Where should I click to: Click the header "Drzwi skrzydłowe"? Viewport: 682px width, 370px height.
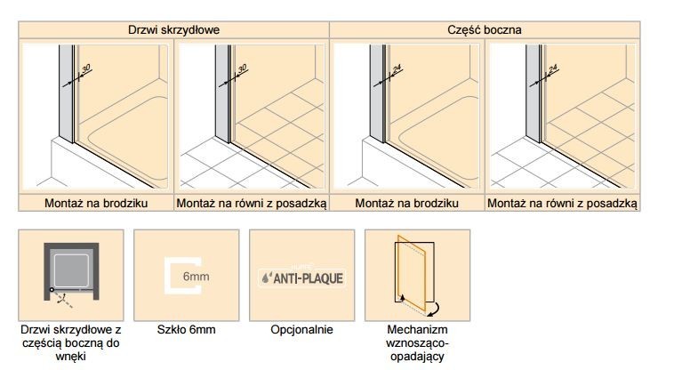click(173, 29)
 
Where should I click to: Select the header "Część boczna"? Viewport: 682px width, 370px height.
click(484, 29)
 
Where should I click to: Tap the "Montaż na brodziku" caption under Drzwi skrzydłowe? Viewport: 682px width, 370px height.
click(96, 203)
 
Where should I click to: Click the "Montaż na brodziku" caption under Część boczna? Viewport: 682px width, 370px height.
click(406, 203)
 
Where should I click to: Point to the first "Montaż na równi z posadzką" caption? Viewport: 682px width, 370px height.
click(252, 204)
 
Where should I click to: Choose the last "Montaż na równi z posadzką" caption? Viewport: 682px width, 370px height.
click(562, 204)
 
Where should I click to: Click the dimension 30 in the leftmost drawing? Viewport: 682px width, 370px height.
click(85, 68)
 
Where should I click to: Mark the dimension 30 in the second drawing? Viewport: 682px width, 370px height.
click(242, 68)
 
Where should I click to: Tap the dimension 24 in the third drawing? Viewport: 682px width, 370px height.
click(397, 68)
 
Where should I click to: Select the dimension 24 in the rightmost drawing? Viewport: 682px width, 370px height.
click(553, 68)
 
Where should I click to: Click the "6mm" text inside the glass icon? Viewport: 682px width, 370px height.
click(196, 277)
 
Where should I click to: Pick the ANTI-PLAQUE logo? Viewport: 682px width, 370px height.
click(302, 277)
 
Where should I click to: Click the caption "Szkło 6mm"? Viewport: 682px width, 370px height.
click(186, 329)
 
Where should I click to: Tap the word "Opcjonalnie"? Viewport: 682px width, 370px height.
click(301, 329)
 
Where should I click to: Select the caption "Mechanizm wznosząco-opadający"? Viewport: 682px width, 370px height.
click(417, 342)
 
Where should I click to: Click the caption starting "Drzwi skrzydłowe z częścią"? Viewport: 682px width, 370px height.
click(71, 342)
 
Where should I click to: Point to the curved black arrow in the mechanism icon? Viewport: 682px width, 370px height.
click(434, 309)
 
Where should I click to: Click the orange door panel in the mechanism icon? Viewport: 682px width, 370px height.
click(412, 272)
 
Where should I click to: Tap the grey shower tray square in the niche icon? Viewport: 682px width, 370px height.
click(71, 270)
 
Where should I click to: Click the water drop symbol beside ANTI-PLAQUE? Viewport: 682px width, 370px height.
click(266, 277)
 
